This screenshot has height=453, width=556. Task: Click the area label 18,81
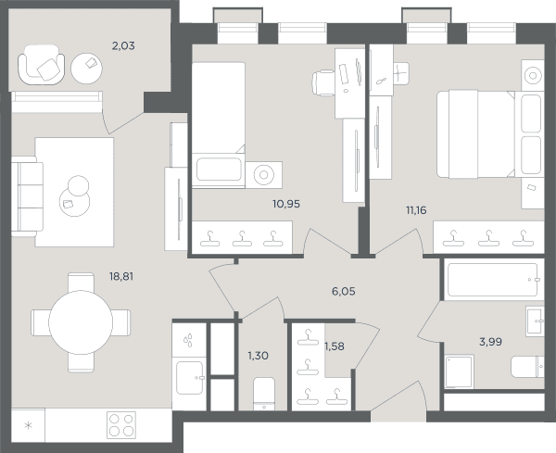pyautogui.click(x=121, y=276)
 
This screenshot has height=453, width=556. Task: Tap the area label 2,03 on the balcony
pyautogui.click(x=123, y=45)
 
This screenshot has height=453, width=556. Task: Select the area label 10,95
pyautogui.click(x=286, y=204)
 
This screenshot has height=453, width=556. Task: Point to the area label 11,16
pyautogui.click(x=416, y=210)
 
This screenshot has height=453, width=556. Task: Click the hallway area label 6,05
pyautogui.click(x=343, y=292)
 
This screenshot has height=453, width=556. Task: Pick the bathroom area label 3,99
pyautogui.click(x=490, y=342)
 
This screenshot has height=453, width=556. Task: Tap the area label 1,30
pyautogui.click(x=258, y=355)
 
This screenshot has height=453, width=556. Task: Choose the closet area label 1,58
pyautogui.click(x=335, y=346)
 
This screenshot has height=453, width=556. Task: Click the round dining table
pyautogui.click(x=81, y=322)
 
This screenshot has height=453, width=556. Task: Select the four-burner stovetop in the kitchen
pyautogui.click(x=121, y=425)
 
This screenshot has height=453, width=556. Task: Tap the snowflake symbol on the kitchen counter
pyautogui.click(x=28, y=425)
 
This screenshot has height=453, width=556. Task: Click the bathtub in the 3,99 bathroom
pyautogui.click(x=493, y=280)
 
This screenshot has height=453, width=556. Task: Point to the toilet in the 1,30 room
pyautogui.click(x=264, y=394)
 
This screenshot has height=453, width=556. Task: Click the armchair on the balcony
pyautogui.click(x=42, y=65)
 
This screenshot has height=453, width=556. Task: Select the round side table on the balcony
pyautogui.click(x=86, y=69)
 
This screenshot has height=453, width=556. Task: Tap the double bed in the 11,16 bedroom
pyautogui.click(x=475, y=133)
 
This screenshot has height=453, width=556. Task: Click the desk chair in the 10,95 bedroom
pyautogui.click(x=323, y=83)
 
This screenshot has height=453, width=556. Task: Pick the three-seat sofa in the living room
pyautogui.click(x=27, y=196)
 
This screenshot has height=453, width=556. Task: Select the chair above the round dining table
pyautogui.click(x=81, y=283)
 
